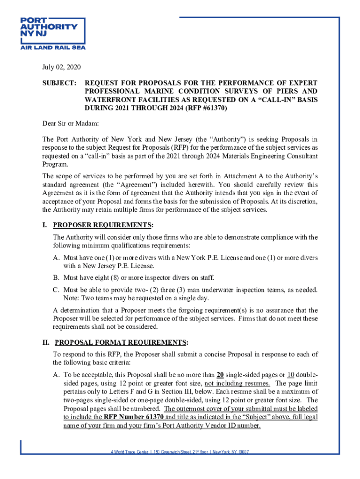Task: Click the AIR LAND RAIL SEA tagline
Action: [x=52, y=47]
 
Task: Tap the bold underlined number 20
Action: [x=220, y=375]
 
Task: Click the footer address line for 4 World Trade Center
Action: [x=180, y=452]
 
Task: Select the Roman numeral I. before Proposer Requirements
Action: [x=45, y=225]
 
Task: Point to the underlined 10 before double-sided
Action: [x=291, y=375]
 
